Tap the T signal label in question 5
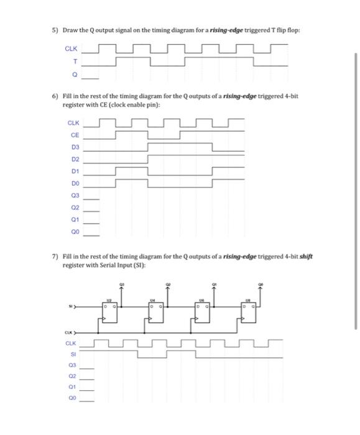pos(75,61)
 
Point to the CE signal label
pos(75,134)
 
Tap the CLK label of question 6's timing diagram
pos(73,122)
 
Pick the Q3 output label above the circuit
pos(121,283)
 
